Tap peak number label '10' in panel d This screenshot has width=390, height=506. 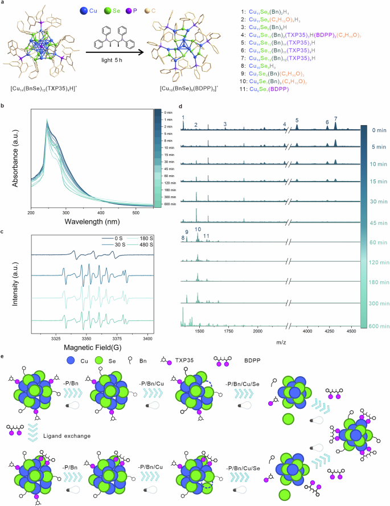(x=198, y=229)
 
